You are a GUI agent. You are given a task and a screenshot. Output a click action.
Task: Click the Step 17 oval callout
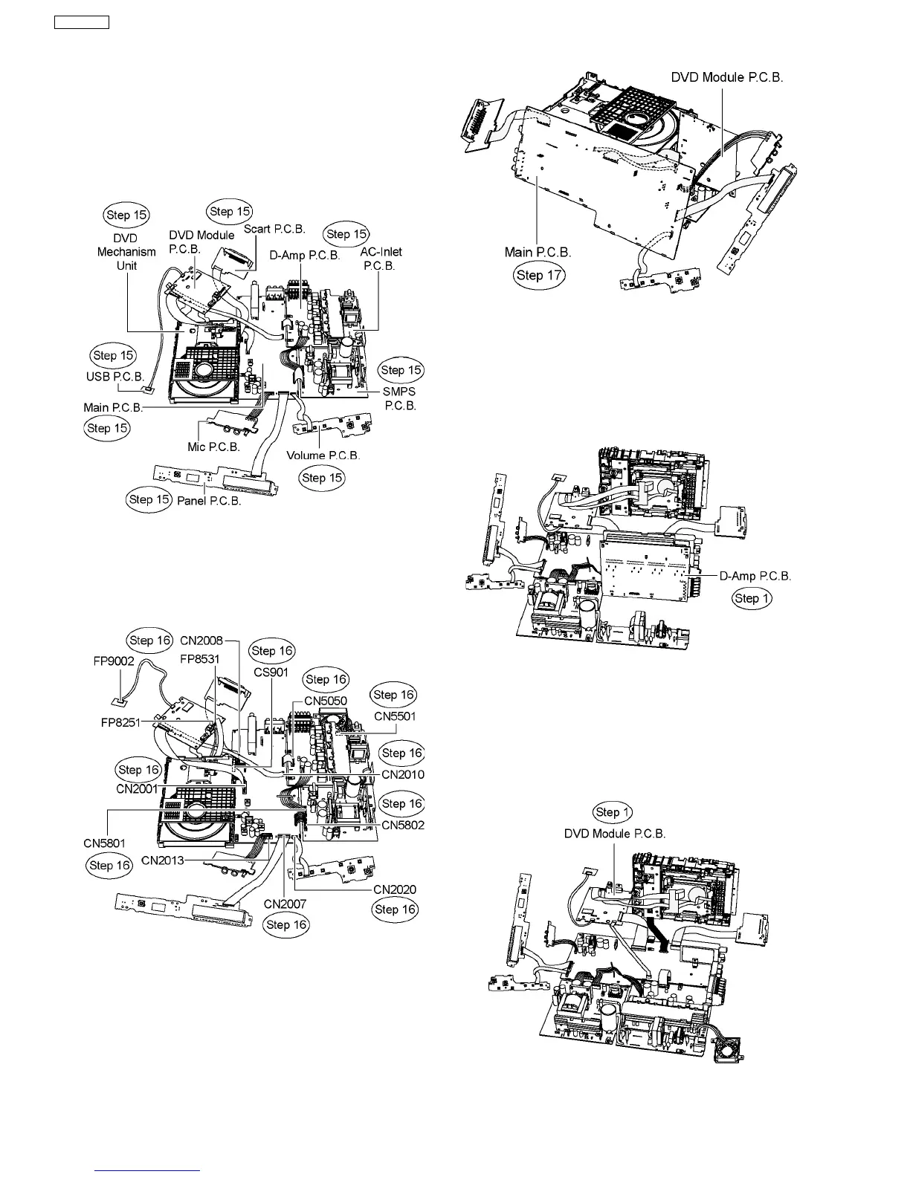coord(539,276)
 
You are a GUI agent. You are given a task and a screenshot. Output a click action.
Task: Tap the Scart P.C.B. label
coord(274,229)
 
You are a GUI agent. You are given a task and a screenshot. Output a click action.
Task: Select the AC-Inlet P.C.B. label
coord(381,259)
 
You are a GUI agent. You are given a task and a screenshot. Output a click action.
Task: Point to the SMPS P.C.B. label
coord(399,399)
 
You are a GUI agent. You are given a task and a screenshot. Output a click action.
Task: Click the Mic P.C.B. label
coord(213,447)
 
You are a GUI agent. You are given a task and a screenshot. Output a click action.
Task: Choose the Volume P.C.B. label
coord(323,455)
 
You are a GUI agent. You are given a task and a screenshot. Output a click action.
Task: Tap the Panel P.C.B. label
coord(209,501)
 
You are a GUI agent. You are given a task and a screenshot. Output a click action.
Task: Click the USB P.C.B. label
coord(115,377)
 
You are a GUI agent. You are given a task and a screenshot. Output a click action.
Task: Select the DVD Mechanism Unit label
coord(126,252)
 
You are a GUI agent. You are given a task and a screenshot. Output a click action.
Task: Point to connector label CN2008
coord(201,640)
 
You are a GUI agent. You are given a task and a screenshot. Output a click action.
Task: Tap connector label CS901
coord(272,672)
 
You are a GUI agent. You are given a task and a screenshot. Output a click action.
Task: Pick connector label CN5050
coord(325,701)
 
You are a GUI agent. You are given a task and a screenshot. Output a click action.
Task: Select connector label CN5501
coord(395,716)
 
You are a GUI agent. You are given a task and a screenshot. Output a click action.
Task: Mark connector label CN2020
coord(394,889)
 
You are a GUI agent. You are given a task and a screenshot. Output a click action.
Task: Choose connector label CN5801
coord(104,843)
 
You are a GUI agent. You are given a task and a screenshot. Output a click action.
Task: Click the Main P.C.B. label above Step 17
coord(538,252)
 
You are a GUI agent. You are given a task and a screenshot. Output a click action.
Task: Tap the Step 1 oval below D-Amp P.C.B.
coord(752,598)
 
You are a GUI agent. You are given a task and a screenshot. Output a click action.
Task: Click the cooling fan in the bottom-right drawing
coord(729,1043)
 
